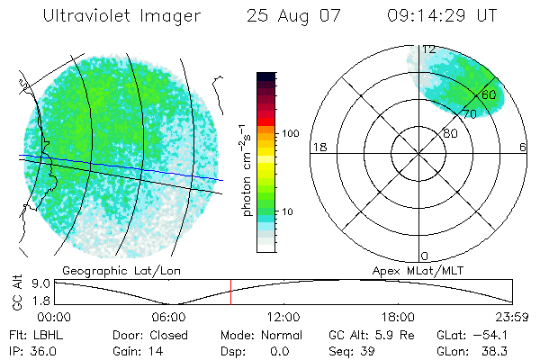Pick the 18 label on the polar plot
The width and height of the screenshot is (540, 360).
pyautogui.click(x=318, y=147)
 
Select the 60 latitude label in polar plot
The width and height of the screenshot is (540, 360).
pyautogui.click(x=489, y=94)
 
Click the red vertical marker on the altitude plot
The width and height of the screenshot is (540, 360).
pyautogui.click(x=230, y=292)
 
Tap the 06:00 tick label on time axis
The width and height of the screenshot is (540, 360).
pyautogui.click(x=168, y=317)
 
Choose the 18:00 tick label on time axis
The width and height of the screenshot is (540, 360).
pyautogui.click(x=398, y=317)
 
